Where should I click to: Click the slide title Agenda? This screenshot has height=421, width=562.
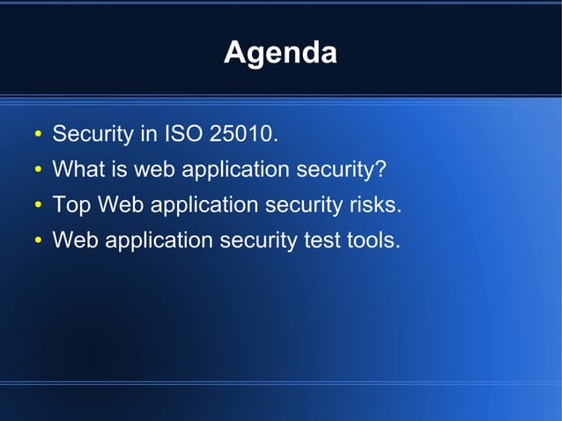[280, 53]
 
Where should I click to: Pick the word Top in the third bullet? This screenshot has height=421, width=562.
[71, 204]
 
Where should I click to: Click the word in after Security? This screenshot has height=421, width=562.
[146, 135]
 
